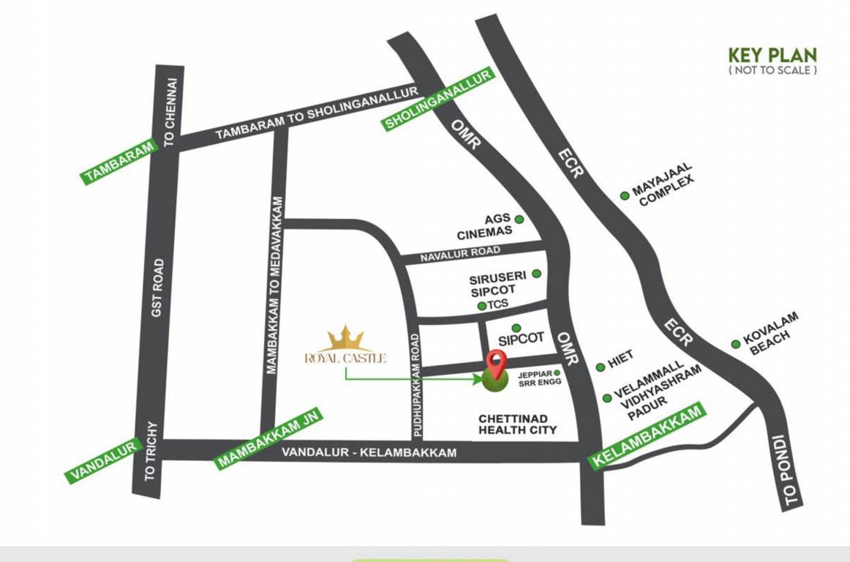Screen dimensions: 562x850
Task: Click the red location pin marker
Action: (x=497, y=362)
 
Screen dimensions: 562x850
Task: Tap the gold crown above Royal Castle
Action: (x=345, y=338)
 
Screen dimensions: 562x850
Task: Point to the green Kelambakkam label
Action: (x=648, y=436)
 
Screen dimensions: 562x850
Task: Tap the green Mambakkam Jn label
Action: (x=268, y=438)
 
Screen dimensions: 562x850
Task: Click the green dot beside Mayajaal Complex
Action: (x=625, y=195)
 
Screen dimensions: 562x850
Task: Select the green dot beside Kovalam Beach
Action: (x=736, y=344)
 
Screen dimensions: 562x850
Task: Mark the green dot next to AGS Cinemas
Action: (x=519, y=219)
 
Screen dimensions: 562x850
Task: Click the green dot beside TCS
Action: (x=481, y=305)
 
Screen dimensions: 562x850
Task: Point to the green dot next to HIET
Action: (x=601, y=367)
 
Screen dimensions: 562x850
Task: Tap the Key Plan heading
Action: (x=772, y=56)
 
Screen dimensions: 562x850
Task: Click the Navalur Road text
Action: (x=460, y=254)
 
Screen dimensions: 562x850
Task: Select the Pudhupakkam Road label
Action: (x=415, y=385)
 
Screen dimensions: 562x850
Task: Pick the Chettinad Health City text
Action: (x=517, y=424)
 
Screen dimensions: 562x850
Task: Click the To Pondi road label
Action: (x=786, y=471)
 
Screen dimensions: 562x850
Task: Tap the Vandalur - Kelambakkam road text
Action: (x=369, y=452)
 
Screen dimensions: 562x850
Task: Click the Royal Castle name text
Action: (x=345, y=358)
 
